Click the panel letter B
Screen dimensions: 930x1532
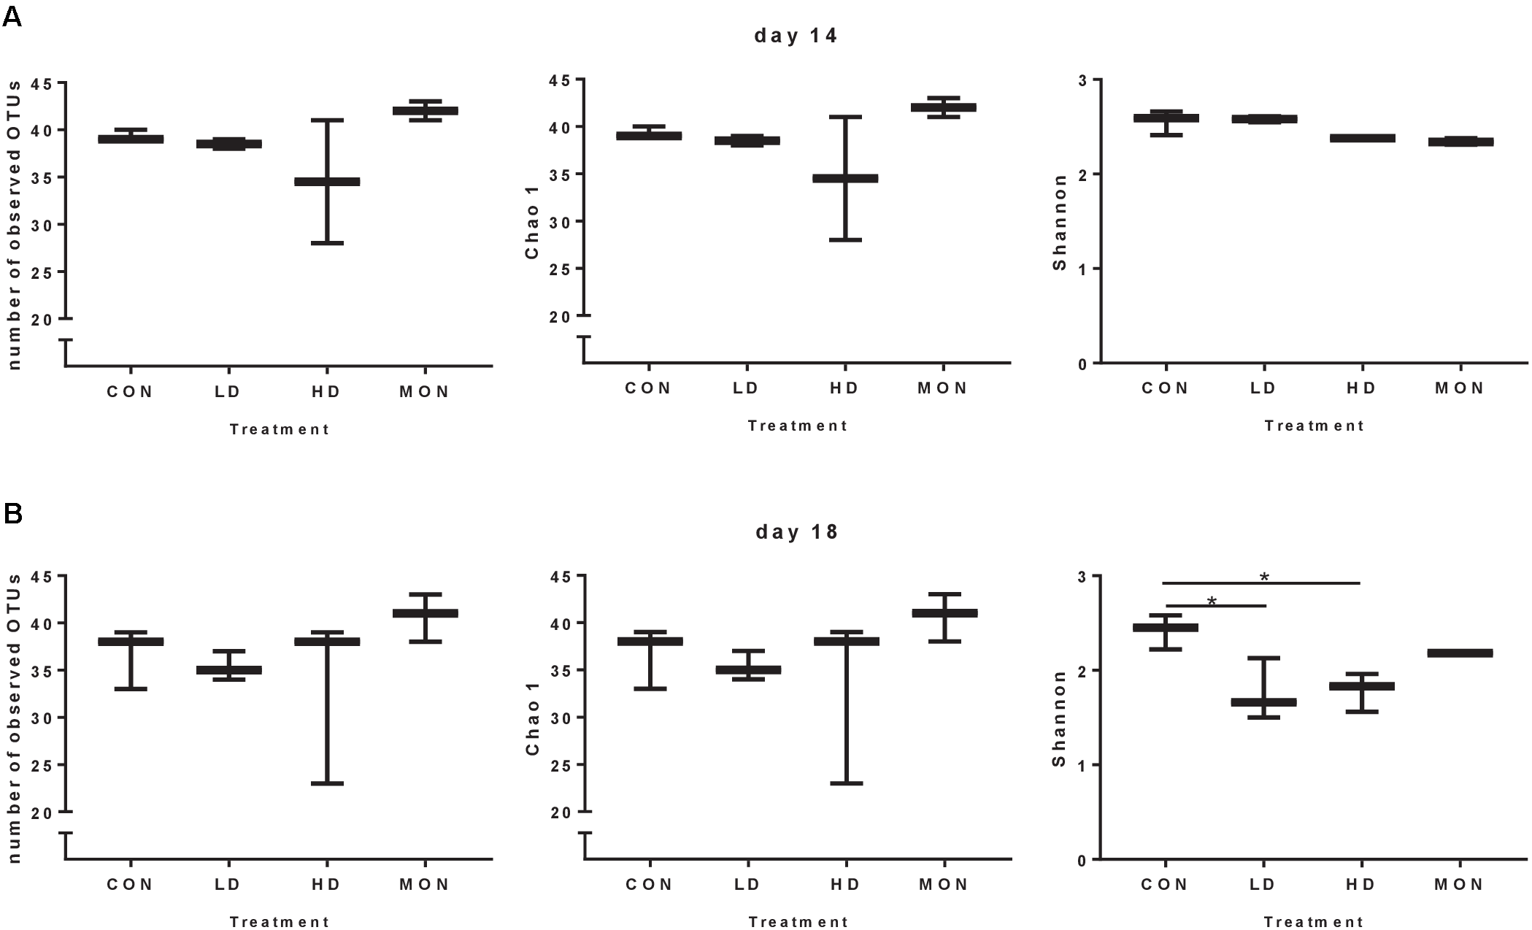[x=12, y=514]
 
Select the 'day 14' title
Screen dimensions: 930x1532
[x=796, y=36]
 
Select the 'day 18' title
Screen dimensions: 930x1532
[x=796, y=531]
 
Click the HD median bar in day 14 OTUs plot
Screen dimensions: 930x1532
[x=327, y=181]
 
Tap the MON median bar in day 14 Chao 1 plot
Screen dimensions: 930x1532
[x=943, y=107]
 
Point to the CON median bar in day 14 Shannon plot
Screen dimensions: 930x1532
[x=1166, y=118]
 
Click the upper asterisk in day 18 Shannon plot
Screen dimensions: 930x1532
[x=1264, y=577]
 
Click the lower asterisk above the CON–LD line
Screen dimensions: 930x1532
[x=1212, y=601]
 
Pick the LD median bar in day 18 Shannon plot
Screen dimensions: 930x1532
[x=1263, y=702]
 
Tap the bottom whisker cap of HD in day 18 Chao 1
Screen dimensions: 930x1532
[x=846, y=783]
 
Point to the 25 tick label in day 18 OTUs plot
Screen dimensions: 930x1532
[x=42, y=765]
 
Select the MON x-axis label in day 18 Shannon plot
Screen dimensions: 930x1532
[x=1459, y=884]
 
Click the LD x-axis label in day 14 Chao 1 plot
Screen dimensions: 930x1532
[x=746, y=388]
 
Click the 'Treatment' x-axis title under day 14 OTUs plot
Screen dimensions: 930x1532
[x=280, y=429]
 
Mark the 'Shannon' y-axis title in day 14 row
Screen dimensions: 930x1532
[x=1059, y=222]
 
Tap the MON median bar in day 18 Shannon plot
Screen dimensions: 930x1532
[x=1460, y=653]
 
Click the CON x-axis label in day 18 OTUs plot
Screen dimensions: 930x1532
[x=130, y=884]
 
